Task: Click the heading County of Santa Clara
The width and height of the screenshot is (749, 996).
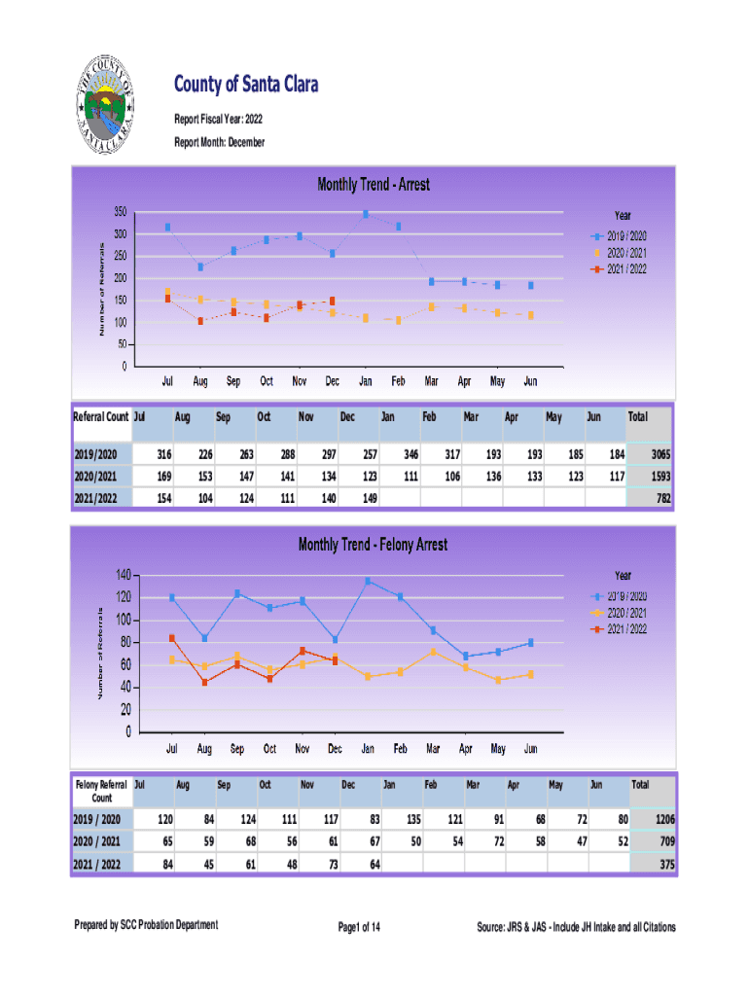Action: (246, 86)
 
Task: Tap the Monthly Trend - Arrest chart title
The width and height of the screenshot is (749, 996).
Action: (374, 184)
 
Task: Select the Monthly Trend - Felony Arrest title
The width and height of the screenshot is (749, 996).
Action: (374, 545)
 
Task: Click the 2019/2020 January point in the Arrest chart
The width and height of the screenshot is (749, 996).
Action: (366, 214)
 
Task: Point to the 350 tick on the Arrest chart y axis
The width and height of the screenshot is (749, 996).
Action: (119, 212)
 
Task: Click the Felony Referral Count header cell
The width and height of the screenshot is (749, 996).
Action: (100, 790)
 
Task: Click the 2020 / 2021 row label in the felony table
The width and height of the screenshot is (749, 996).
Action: (98, 841)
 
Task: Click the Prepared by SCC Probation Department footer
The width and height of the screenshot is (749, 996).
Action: (147, 925)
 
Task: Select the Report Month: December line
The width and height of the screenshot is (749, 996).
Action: (219, 143)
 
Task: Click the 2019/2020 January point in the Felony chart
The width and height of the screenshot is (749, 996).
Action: (368, 582)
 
